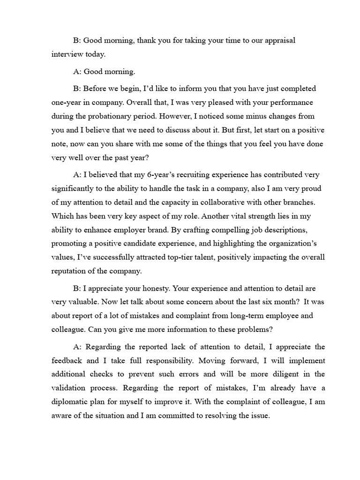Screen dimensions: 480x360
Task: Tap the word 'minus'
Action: click(233, 115)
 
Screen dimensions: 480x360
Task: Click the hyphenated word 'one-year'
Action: click(67, 102)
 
